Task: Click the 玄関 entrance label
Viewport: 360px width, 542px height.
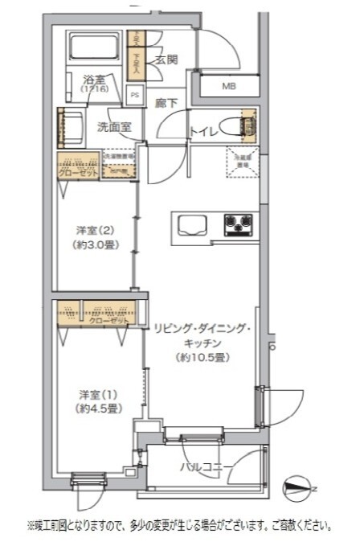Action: pyautogui.click(x=166, y=60)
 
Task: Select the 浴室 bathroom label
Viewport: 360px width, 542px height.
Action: pyautogui.click(x=94, y=80)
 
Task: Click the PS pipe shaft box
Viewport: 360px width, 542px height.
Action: pyautogui.click(x=135, y=93)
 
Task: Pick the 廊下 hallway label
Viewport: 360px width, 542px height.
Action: pyautogui.click(x=166, y=103)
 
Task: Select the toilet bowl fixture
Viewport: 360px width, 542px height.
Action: pyautogui.click(x=236, y=125)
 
